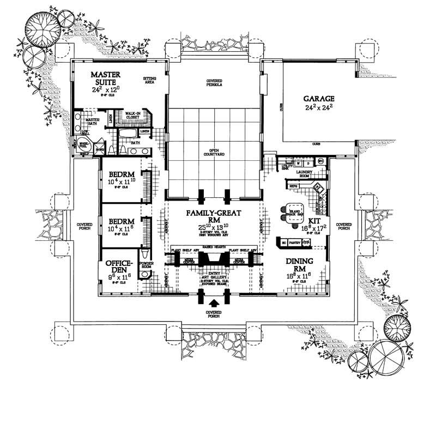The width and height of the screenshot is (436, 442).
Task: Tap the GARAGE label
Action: [x=318, y=99]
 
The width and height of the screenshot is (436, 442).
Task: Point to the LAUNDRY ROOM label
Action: [x=303, y=173]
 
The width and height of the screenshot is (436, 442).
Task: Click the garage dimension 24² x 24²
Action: [x=318, y=108]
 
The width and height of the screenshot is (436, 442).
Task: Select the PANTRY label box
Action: [x=294, y=241]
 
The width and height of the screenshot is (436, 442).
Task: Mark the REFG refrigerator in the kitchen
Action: [x=292, y=186]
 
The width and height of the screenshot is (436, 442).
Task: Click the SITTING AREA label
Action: [x=149, y=81]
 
